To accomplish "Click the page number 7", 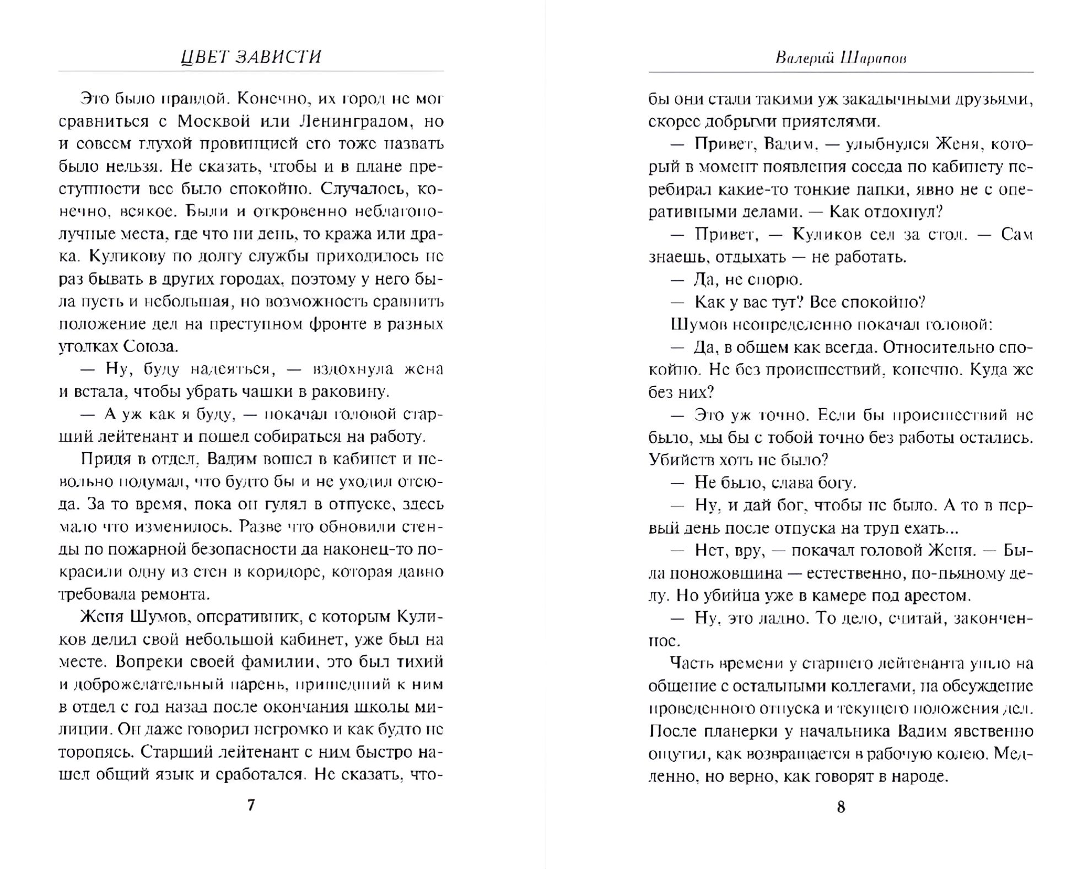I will tap(251, 805).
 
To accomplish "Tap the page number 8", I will tap(841, 807).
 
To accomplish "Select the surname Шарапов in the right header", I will tap(874, 58).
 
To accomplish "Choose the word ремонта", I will tap(176, 595).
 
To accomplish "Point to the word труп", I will tap(882, 528).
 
